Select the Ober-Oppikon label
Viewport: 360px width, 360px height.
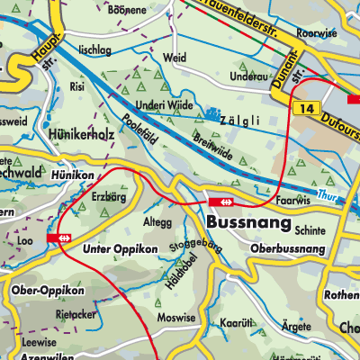click(49, 291)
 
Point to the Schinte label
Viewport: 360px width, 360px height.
click(309, 231)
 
